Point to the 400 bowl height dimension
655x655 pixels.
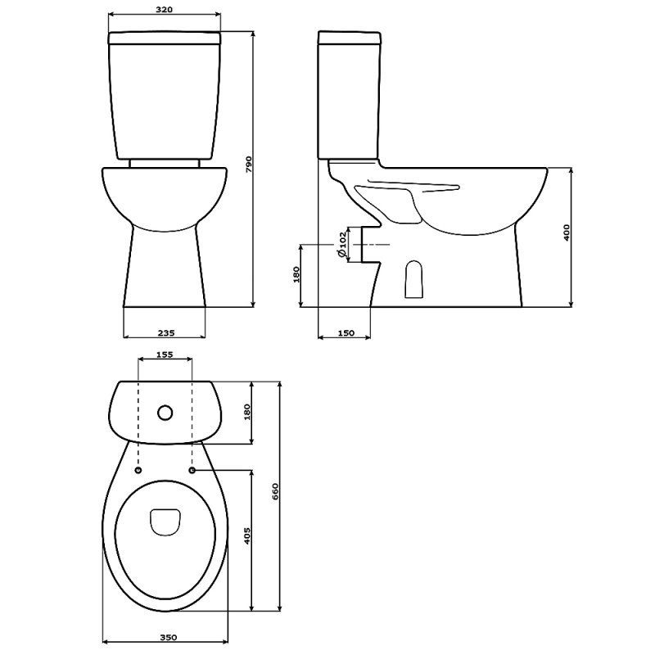566,233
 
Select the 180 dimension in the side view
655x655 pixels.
296,274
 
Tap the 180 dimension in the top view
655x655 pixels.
247,412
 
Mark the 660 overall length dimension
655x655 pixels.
276,492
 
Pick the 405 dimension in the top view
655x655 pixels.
247,536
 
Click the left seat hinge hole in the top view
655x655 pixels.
138,471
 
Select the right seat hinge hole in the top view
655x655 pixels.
193,471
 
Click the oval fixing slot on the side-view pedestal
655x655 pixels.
415,280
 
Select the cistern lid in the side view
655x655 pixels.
350,37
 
